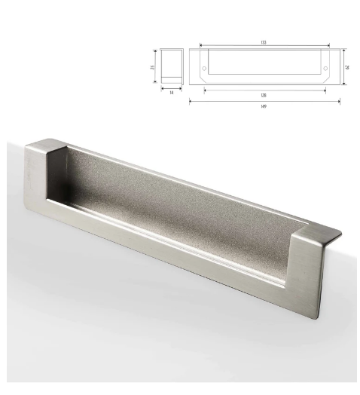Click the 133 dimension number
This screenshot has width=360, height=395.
[264, 43]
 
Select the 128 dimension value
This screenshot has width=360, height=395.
[264, 95]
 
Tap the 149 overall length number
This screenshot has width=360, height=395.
[264, 106]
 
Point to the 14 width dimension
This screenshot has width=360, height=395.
[171, 92]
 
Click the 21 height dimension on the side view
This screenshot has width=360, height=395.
[153, 68]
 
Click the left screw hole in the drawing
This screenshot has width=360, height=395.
[204, 69]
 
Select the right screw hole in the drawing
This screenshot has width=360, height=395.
[325, 69]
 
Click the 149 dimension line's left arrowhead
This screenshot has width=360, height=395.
[191, 100]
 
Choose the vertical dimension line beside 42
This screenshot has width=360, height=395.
[344, 66]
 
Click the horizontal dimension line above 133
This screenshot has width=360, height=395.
[264, 47]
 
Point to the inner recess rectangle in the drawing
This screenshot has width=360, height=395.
[264, 63]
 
